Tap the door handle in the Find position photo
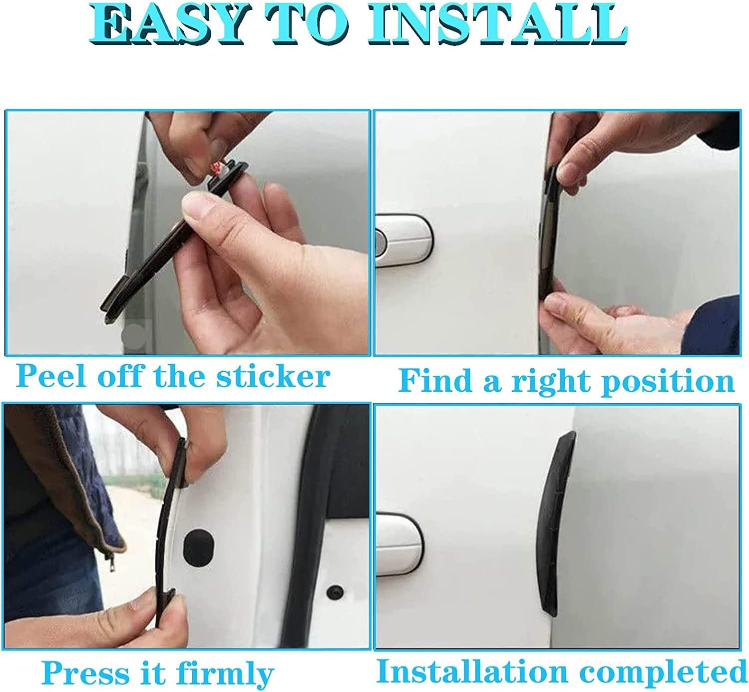tap(402, 239)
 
